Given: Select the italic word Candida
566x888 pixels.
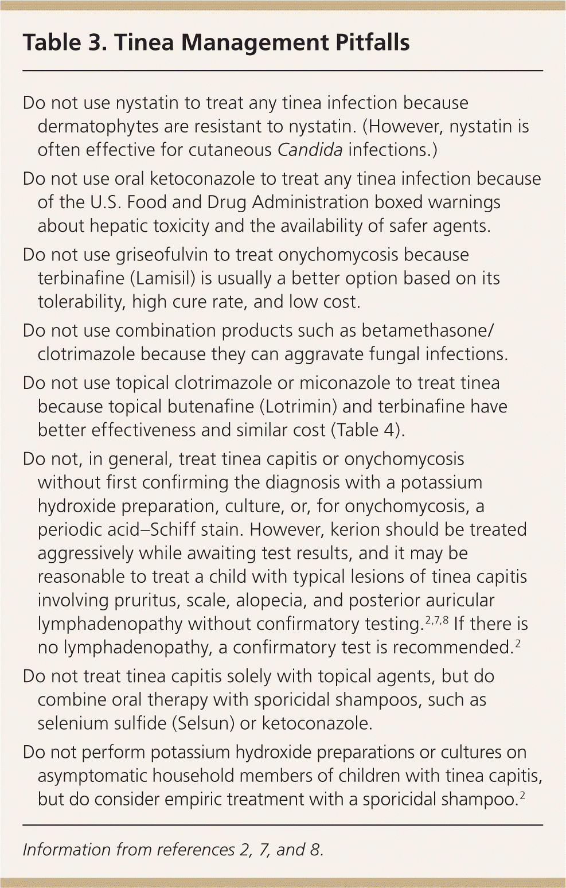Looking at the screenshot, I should point(310,150).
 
